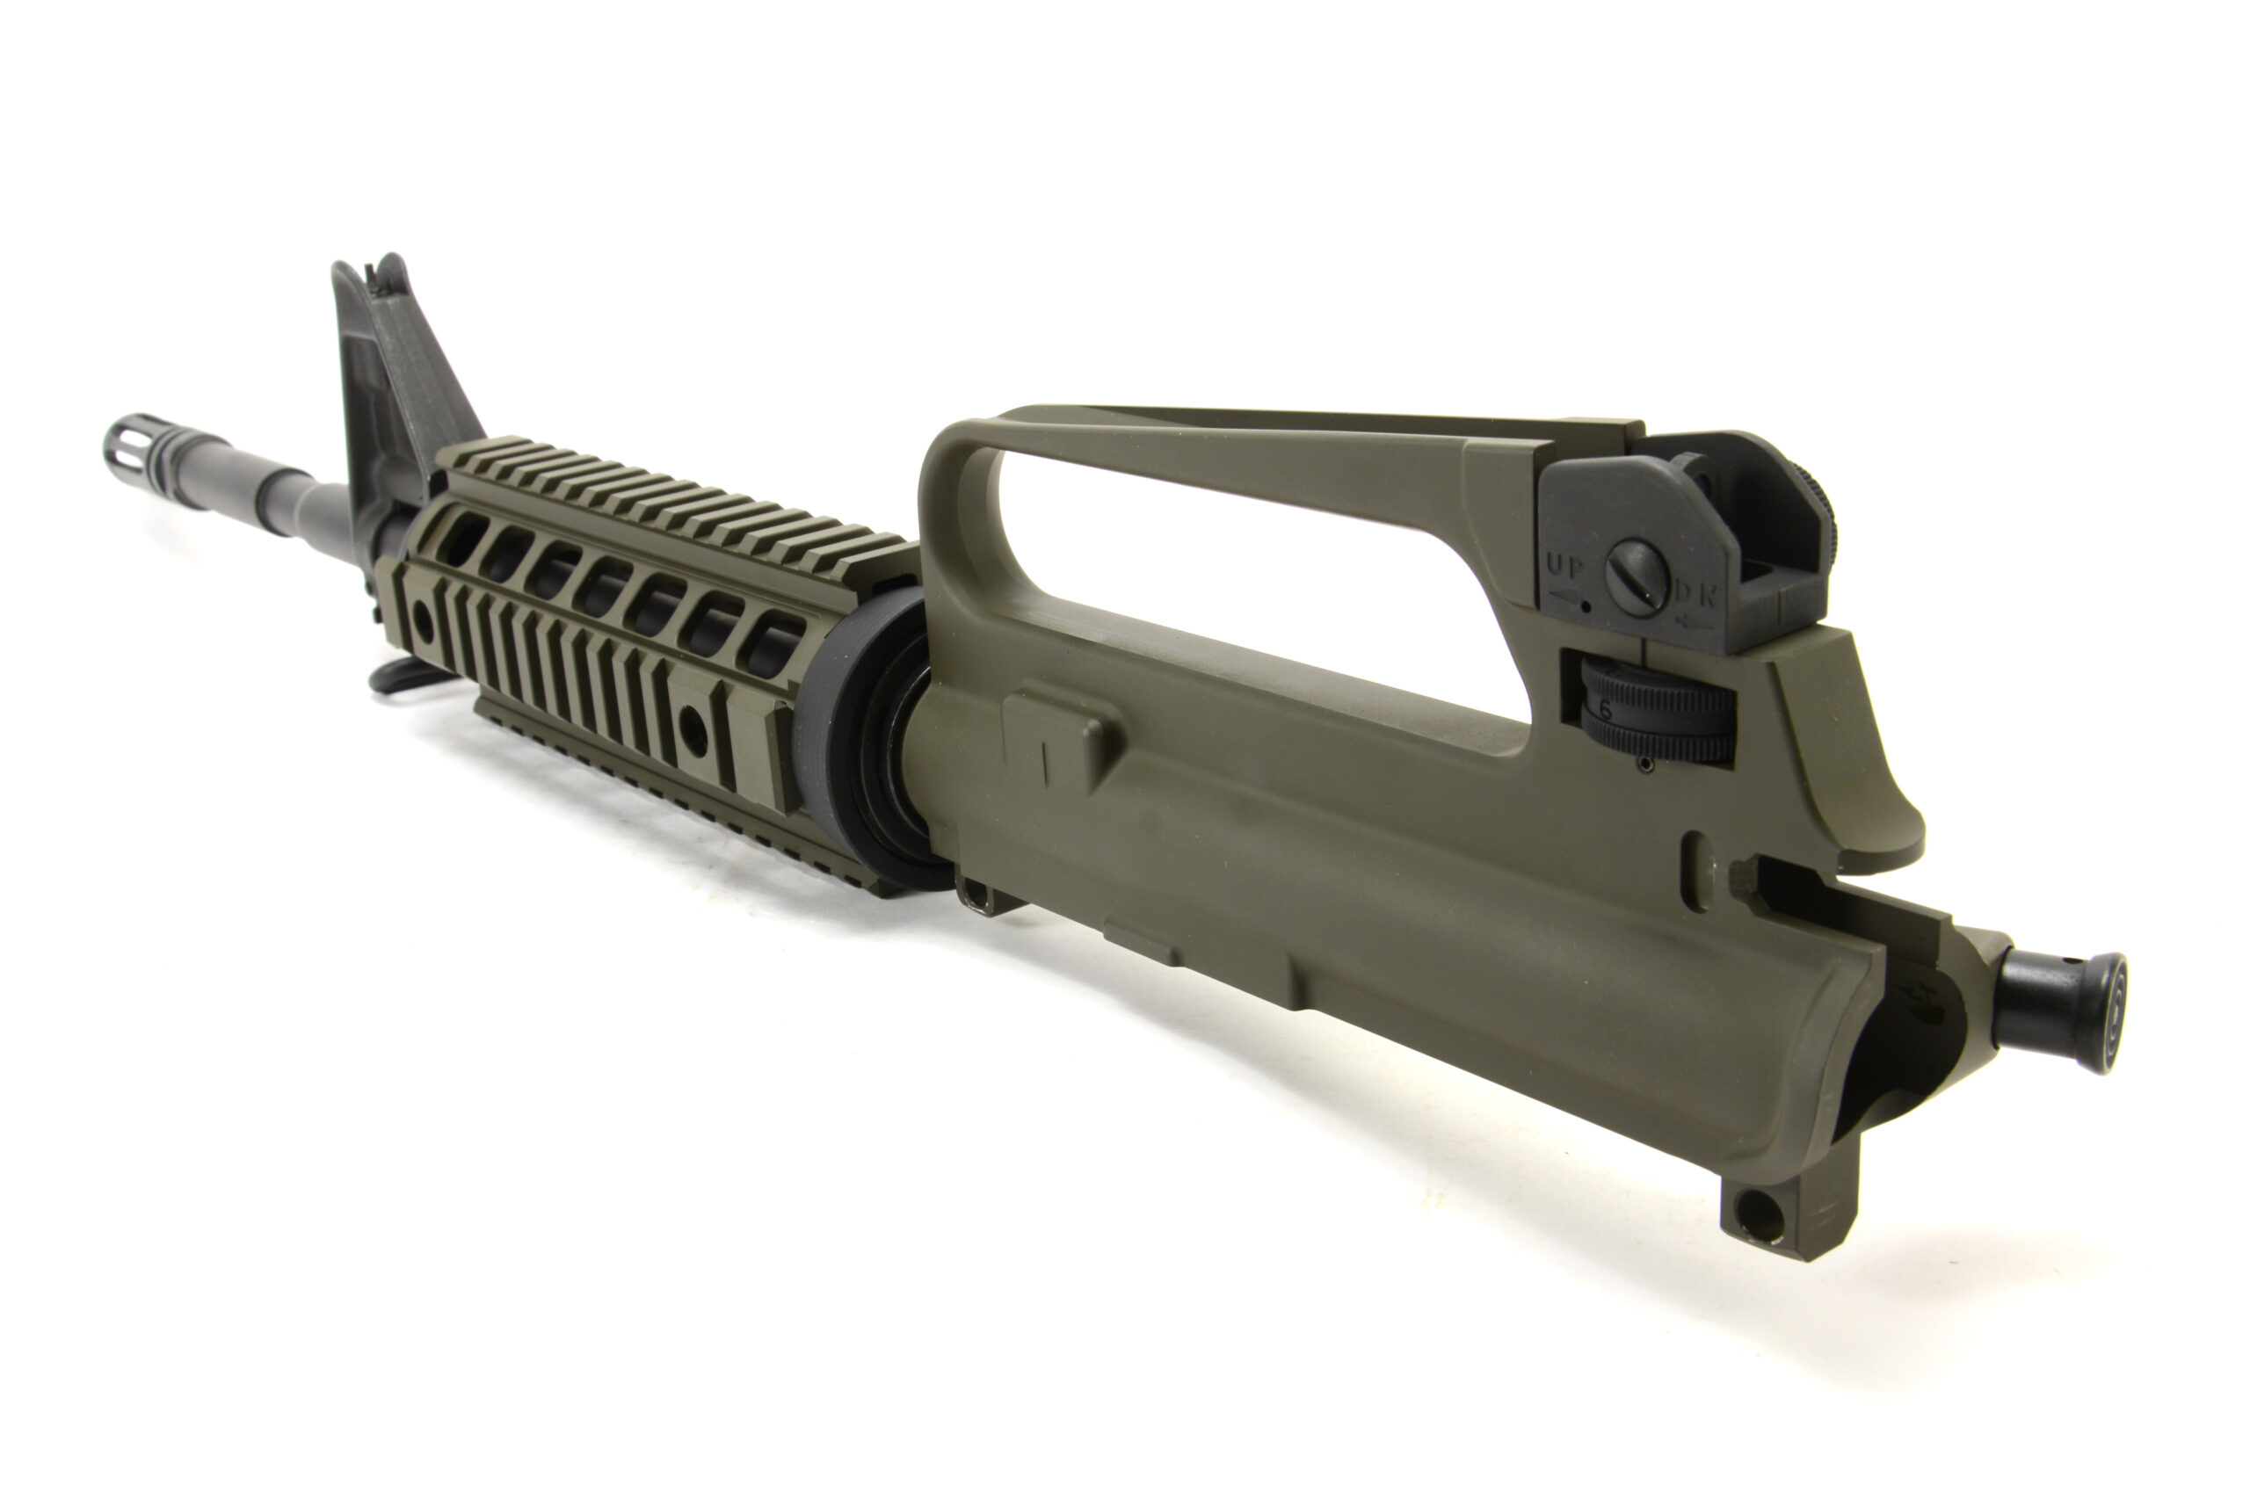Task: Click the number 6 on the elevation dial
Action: pos(1605,710)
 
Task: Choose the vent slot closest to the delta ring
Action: pos(775,639)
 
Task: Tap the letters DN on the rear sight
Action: pos(1695,596)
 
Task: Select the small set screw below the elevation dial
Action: pos(1643,765)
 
